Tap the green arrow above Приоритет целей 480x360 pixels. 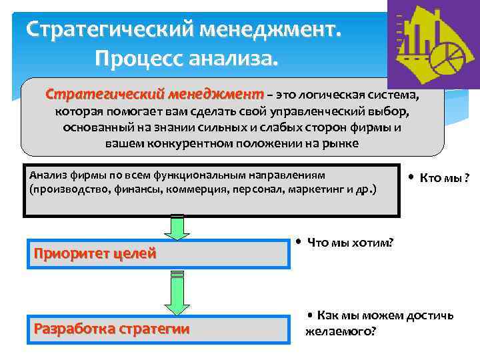(x=177, y=227)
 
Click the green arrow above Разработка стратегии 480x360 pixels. (x=177, y=293)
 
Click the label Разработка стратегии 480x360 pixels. (x=111, y=328)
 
